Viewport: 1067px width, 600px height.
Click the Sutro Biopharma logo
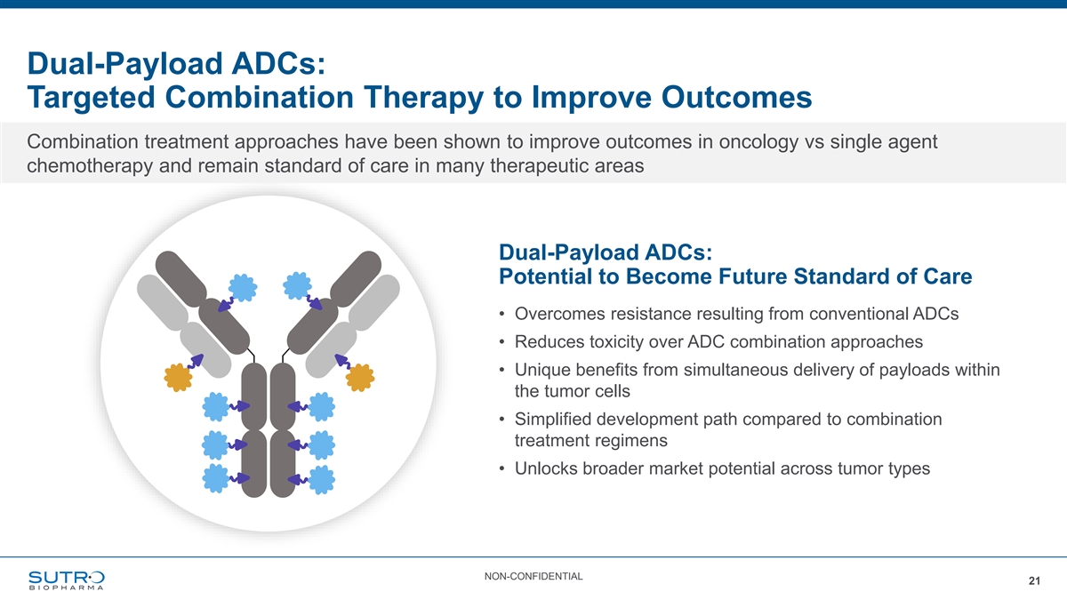point(66,580)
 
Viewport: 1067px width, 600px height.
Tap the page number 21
point(1034,581)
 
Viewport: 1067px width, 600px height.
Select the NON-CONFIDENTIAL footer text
point(533,576)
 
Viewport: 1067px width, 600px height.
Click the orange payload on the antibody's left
point(178,378)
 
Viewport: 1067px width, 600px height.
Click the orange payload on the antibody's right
point(360,378)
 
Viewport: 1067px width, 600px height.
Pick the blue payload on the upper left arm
point(243,288)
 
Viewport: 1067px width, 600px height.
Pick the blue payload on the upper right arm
point(297,285)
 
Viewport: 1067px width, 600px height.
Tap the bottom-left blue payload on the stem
point(216,478)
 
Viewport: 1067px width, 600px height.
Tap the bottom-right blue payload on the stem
point(321,479)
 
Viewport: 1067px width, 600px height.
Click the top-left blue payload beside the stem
point(216,407)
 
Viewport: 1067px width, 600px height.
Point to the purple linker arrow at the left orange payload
point(196,361)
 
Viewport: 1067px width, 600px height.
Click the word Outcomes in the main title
point(736,97)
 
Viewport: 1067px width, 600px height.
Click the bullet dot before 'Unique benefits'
point(501,370)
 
